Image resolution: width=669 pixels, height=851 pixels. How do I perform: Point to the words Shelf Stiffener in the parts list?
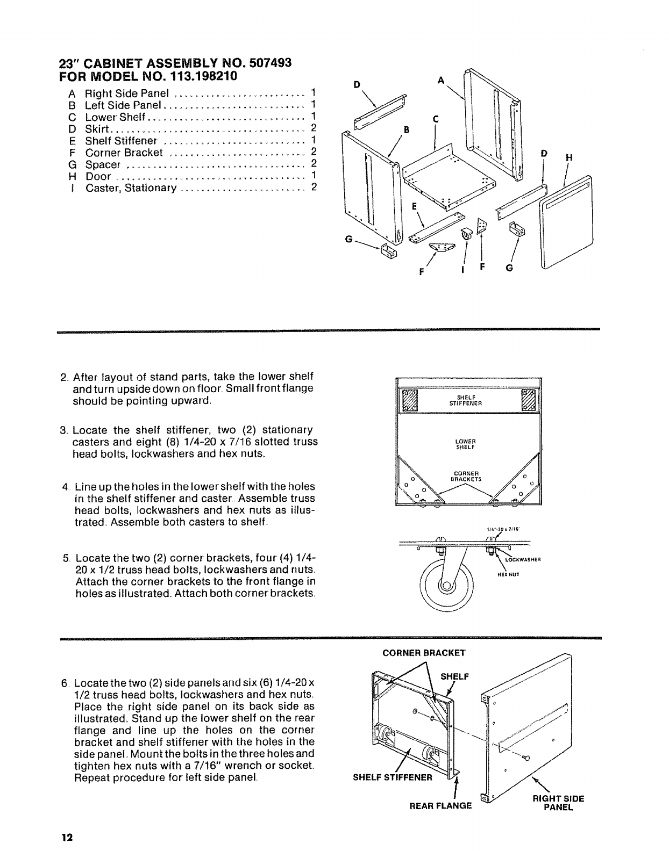(121, 141)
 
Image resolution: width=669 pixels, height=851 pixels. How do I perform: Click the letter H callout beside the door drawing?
(569, 157)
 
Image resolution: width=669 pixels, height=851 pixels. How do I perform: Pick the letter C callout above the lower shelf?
(436, 119)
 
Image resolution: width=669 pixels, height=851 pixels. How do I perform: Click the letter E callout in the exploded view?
(415, 206)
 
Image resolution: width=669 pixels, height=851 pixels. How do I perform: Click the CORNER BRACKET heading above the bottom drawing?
(423, 653)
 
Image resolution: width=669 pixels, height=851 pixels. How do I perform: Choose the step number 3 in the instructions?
(63, 430)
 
